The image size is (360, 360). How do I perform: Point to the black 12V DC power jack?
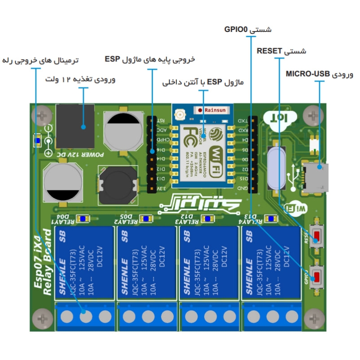[75, 126]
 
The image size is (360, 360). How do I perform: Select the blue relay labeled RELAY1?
[84, 264]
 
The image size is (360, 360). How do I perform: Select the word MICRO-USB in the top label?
[308, 74]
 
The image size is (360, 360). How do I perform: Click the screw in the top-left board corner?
[42, 115]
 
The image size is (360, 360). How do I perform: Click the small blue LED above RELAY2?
[145, 219]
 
